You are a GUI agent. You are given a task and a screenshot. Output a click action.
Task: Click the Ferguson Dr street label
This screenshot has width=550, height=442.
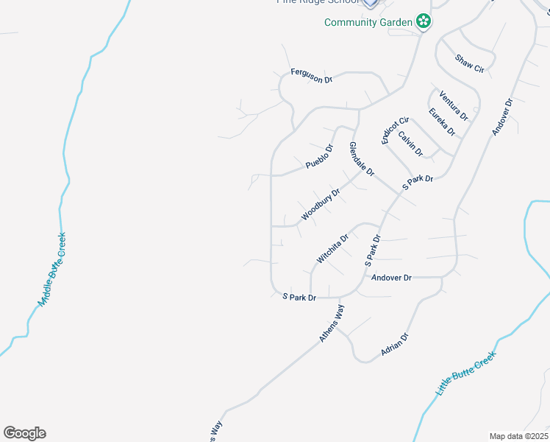click(312, 74)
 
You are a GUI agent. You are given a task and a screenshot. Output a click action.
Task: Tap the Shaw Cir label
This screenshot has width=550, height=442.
click(469, 63)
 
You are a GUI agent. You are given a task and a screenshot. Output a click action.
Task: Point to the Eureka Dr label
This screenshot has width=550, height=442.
click(442, 122)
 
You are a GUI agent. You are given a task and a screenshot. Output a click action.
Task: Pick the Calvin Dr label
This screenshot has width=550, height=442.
click(411, 143)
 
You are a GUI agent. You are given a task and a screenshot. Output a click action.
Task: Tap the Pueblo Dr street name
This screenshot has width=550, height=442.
click(319, 156)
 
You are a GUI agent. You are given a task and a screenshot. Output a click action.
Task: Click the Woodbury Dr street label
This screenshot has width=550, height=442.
click(321, 206)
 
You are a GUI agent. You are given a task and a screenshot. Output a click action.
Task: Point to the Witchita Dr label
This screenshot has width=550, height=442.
click(332, 249)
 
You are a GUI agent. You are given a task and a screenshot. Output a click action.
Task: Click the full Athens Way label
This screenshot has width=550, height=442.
click(332, 323)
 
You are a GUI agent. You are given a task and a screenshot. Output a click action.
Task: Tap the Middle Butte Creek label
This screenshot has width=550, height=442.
click(52, 270)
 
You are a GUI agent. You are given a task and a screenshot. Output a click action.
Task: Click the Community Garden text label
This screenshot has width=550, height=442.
click(368, 22)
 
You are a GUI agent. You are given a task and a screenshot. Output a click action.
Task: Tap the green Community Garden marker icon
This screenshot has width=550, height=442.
click(423, 21)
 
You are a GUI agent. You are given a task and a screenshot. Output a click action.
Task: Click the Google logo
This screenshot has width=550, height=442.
click(24, 433)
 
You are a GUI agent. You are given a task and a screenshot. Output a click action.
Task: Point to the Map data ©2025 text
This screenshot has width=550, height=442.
click(518, 436)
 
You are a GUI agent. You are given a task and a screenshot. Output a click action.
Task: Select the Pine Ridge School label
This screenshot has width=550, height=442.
click(318, 3)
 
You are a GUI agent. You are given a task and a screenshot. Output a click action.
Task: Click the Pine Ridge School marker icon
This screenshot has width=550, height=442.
click(371, 3)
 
